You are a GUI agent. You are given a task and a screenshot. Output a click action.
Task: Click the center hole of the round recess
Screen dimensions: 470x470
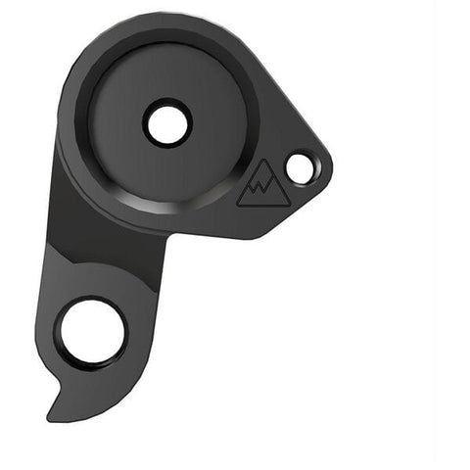[166, 123]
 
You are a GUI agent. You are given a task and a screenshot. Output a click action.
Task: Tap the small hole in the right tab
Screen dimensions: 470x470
[300, 168]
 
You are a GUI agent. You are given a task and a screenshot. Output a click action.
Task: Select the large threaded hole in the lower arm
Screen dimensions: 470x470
[92, 332]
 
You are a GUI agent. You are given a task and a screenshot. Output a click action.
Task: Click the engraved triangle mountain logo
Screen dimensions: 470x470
[258, 187]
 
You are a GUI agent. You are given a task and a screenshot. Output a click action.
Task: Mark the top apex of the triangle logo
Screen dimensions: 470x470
[261, 165]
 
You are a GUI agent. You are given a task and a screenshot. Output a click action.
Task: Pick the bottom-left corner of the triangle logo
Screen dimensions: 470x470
[237, 205]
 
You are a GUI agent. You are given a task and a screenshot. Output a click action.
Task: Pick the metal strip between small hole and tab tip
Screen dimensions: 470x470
[319, 168]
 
